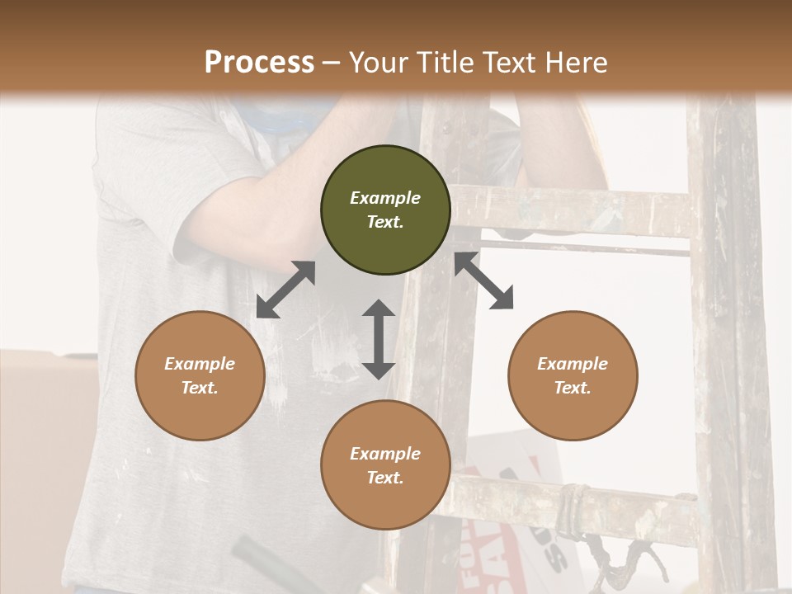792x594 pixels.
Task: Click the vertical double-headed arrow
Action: pos(379,339)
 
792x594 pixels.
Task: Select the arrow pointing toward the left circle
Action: pos(285,290)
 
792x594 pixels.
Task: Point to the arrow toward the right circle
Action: pos(484,280)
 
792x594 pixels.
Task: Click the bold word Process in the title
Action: pos(259,62)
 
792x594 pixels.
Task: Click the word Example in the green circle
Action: pos(385,198)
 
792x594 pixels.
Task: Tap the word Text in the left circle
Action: pos(200,388)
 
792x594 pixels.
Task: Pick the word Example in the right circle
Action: pos(573,364)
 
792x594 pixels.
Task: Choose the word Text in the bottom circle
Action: pos(385,478)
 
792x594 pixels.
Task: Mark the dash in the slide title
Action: pos(332,63)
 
